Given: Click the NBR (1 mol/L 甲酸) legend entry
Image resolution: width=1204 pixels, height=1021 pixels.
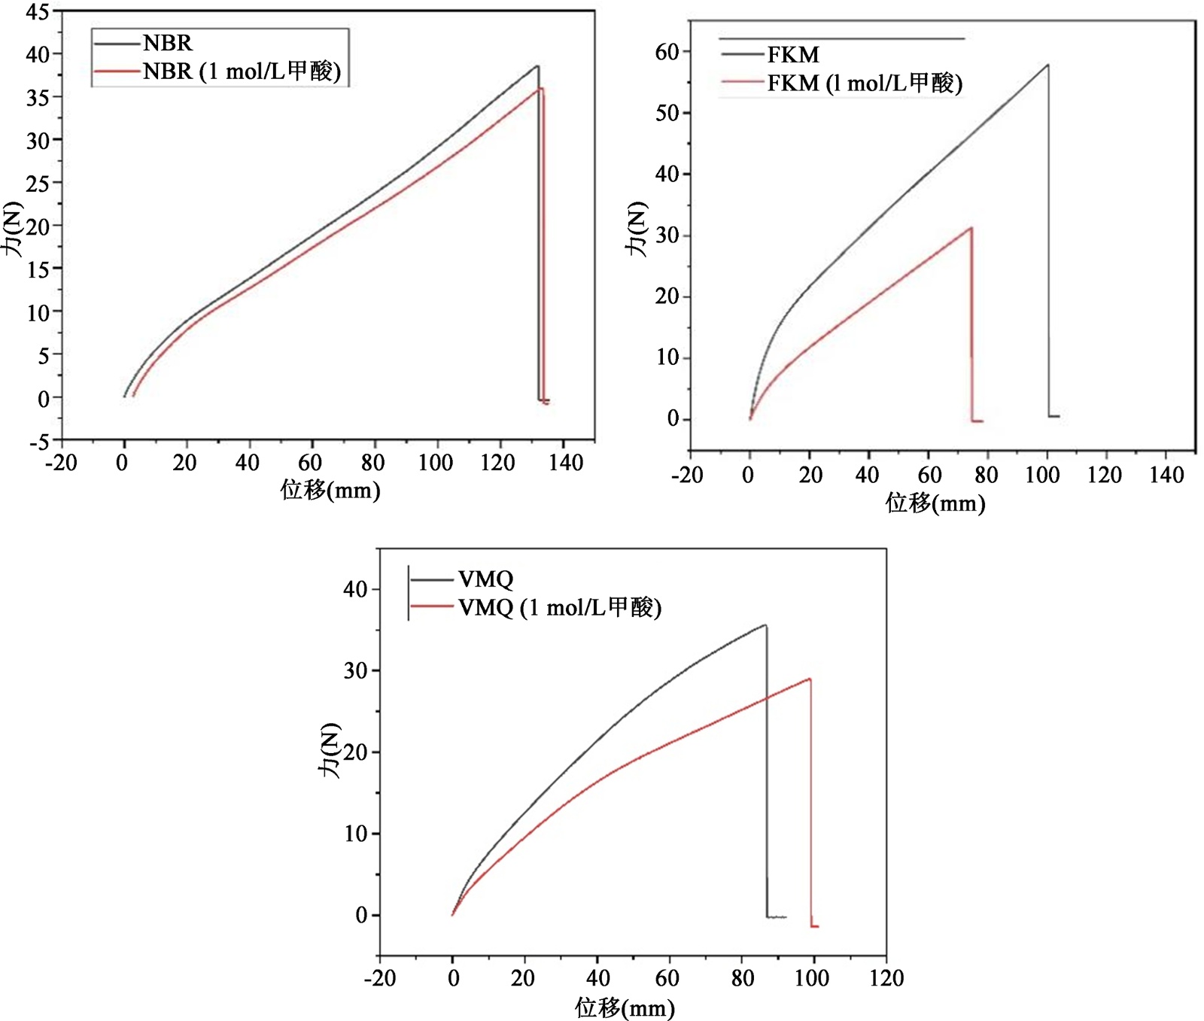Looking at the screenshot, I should [x=242, y=71].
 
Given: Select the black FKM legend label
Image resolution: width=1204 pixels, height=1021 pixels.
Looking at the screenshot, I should [x=793, y=54].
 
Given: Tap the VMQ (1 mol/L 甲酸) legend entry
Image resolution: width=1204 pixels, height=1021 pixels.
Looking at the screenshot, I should [x=559, y=607].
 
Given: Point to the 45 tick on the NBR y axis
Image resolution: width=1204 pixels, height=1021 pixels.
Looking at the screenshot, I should [x=37, y=12].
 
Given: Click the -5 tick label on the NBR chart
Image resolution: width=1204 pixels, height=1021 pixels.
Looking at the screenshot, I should [x=39, y=442].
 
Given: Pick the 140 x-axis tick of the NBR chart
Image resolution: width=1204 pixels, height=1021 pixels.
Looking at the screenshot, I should [x=565, y=463].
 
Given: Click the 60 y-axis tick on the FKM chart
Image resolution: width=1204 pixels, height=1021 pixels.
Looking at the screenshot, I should [x=667, y=52].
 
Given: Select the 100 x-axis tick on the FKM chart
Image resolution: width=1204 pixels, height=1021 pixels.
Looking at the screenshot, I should [x=1042, y=475].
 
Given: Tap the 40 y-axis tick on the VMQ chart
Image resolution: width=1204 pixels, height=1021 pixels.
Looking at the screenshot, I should [x=355, y=589].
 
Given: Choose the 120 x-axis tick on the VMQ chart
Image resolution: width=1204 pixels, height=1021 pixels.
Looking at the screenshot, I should [x=886, y=978].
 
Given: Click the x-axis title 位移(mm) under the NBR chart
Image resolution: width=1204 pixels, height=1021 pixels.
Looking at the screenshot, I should [x=330, y=491].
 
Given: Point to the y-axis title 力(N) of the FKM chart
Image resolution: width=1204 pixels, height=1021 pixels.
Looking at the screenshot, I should [x=637, y=229].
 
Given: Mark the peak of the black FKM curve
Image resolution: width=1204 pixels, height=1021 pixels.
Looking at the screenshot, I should [x=1047, y=65].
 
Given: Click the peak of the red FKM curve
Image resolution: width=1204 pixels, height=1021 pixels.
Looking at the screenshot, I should [x=971, y=228].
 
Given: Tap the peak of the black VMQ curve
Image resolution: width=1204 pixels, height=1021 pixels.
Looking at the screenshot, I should [x=765, y=625].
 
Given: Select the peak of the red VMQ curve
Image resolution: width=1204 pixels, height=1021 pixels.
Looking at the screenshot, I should [x=810, y=679].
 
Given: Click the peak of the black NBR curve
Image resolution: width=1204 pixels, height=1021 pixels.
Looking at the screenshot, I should [x=537, y=66].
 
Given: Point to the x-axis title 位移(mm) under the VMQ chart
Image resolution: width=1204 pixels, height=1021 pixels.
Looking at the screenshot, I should [x=625, y=1007].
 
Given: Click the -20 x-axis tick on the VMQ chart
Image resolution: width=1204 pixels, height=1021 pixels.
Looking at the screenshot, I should [x=379, y=978].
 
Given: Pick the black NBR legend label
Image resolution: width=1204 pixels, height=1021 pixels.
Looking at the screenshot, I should [x=168, y=43].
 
